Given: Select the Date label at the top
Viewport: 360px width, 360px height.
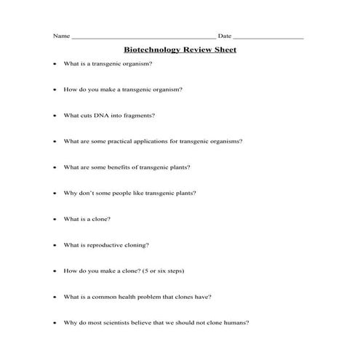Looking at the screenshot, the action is [x=225, y=36].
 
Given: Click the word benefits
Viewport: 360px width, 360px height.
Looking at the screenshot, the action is [x=119, y=167].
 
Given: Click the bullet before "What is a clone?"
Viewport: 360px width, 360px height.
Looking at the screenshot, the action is [x=55, y=219].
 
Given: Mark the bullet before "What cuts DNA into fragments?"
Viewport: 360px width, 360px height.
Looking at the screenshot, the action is [x=55, y=115].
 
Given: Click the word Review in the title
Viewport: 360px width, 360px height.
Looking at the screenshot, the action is [x=193, y=50].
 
